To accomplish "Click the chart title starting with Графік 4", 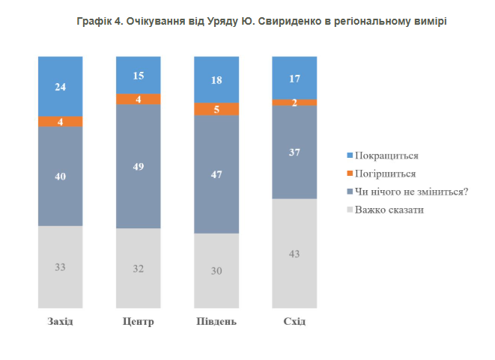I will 261,22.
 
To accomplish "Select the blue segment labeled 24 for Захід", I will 61,86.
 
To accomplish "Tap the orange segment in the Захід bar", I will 61,121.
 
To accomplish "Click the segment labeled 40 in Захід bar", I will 61,177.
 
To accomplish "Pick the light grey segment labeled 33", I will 61,266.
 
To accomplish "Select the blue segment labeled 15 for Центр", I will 139,75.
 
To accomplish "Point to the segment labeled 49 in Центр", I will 139,166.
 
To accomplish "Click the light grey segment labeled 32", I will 139,268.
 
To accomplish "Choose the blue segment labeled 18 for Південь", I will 216,79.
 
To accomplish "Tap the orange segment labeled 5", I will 216,109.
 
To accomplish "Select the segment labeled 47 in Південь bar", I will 216,174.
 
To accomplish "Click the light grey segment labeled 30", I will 216,270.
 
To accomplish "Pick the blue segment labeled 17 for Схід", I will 294,77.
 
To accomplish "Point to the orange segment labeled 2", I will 294,103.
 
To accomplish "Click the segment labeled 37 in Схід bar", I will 294,152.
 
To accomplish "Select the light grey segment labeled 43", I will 294,253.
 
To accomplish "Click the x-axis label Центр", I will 138,322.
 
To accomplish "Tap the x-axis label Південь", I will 216,322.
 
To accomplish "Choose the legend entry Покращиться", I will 386,156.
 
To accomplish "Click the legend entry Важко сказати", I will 389,210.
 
